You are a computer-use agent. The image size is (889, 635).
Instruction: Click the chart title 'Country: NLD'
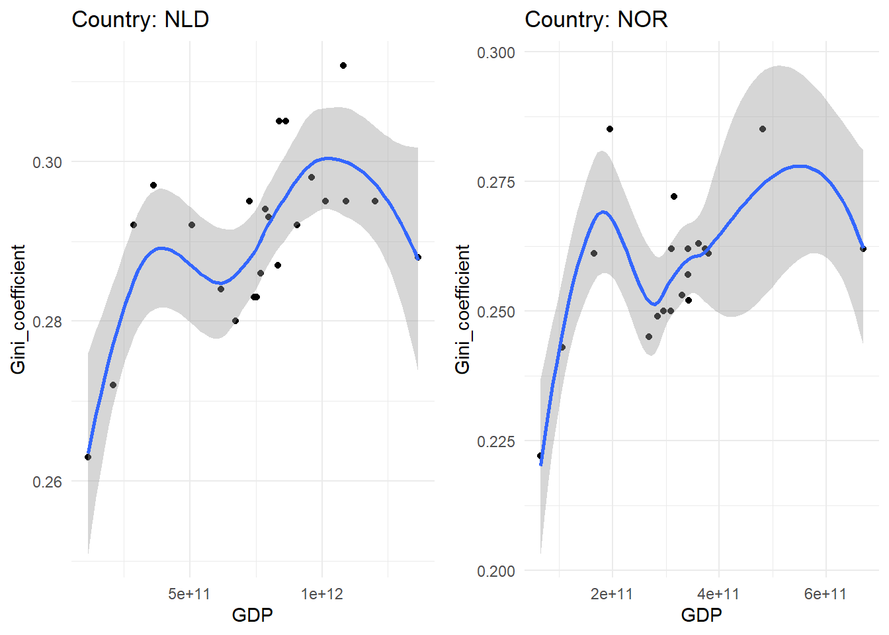click(x=140, y=20)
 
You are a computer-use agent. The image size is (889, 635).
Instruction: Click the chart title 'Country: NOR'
click(x=596, y=20)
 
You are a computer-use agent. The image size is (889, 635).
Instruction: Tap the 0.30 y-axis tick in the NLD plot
click(x=48, y=163)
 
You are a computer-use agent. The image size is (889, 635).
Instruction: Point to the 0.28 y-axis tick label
click(x=48, y=322)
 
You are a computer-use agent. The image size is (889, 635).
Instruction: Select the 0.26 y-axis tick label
click(x=48, y=482)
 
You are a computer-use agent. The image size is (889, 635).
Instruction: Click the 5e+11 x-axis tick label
click(x=189, y=594)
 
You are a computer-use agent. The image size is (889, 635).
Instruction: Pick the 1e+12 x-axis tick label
click(x=322, y=594)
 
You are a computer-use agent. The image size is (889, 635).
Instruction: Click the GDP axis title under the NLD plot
click(x=252, y=616)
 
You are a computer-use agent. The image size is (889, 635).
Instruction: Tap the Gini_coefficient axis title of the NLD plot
click(x=19, y=310)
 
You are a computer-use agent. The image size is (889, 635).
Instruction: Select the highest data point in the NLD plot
click(x=343, y=65)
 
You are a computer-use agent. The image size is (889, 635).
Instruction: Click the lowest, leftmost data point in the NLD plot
click(x=88, y=457)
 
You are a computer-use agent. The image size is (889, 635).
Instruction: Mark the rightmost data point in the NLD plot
click(x=418, y=257)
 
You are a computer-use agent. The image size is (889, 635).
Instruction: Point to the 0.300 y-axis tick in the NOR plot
click(x=495, y=53)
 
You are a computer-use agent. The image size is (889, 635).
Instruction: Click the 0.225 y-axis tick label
click(x=495, y=441)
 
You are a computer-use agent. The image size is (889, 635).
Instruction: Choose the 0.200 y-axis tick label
click(x=495, y=571)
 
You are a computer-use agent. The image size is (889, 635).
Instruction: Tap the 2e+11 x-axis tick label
click(x=612, y=594)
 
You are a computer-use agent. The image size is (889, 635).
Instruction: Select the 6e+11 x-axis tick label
click(x=825, y=594)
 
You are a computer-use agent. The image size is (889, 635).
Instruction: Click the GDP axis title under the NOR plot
click(x=701, y=616)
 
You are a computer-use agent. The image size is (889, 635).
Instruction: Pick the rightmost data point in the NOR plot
click(x=863, y=249)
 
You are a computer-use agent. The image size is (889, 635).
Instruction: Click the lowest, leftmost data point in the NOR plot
click(x=540, y=456)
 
